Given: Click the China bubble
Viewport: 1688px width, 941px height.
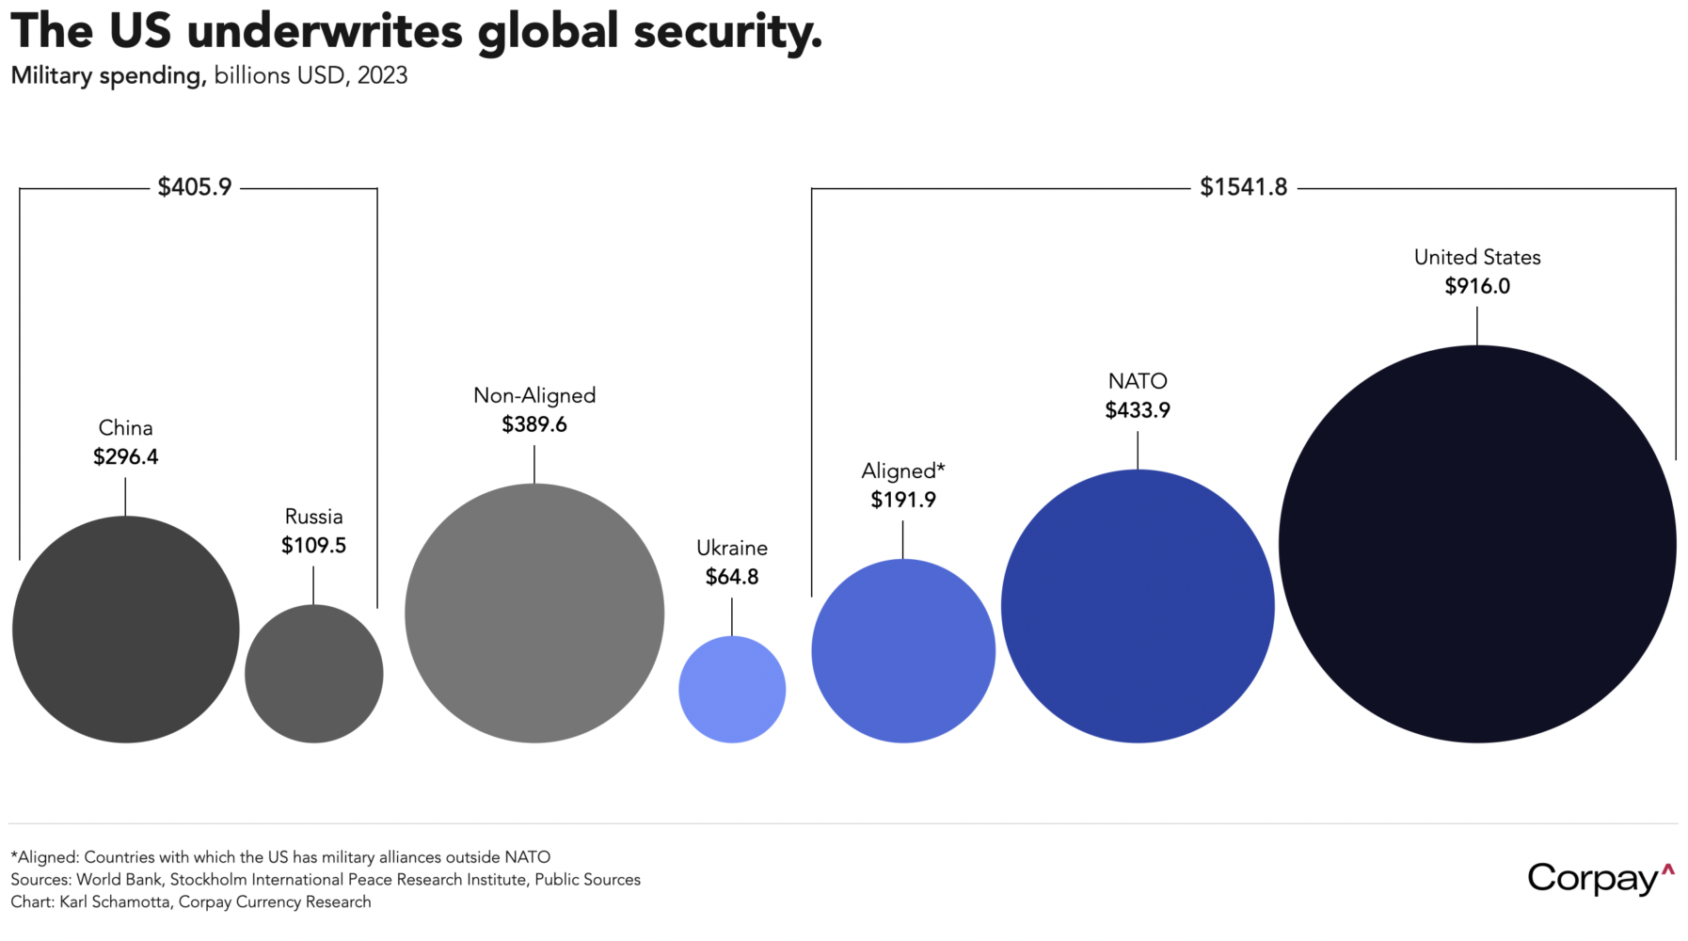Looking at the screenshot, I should tap(126, 630).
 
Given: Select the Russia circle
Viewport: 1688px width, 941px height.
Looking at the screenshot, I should tap(314, 674).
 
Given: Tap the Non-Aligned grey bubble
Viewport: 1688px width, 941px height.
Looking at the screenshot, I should tap(534, 614).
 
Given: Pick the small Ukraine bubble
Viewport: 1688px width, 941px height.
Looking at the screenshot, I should tap(732, 690).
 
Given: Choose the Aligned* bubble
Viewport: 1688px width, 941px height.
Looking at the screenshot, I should tap(903, 651).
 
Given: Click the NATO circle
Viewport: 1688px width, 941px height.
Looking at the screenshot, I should tap(1138, 607).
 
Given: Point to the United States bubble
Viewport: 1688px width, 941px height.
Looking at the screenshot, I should tap(1477, 544).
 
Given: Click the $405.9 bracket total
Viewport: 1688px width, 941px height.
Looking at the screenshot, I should tap(195, 187).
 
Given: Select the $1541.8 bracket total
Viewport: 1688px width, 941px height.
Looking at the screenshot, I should tap(1243, 187).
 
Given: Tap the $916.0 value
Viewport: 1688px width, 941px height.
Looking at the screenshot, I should tap(1477, 286).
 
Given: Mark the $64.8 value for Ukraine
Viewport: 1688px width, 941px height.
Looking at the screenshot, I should tap(732, 577).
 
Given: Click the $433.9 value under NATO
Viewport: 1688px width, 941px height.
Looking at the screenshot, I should tap(1138, 410).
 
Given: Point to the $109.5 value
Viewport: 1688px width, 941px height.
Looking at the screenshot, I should tap(313, 546).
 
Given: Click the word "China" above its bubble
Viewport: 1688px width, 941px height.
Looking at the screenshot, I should tap(126, 428).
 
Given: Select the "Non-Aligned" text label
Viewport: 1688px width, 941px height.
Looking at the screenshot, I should tap(534, 395).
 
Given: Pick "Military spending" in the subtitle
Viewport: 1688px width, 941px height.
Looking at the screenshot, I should tap(107, 76).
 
